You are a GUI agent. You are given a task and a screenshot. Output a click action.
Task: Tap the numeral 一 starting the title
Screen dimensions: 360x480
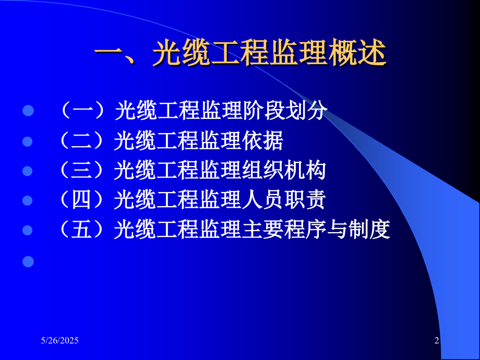[109, 54]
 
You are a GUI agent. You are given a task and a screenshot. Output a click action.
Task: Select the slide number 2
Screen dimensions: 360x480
[437, 341]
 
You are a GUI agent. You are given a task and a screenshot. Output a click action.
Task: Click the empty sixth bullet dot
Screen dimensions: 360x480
[28, 260]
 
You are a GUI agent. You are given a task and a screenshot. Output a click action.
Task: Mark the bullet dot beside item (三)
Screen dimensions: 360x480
[28, 171]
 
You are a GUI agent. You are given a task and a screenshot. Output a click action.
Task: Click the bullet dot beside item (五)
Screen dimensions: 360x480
[28, 231]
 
